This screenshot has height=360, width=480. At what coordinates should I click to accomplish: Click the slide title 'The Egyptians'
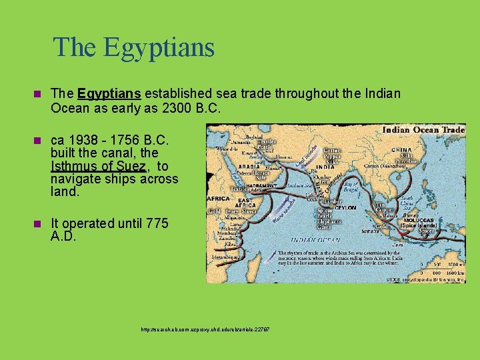coord(133,47)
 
